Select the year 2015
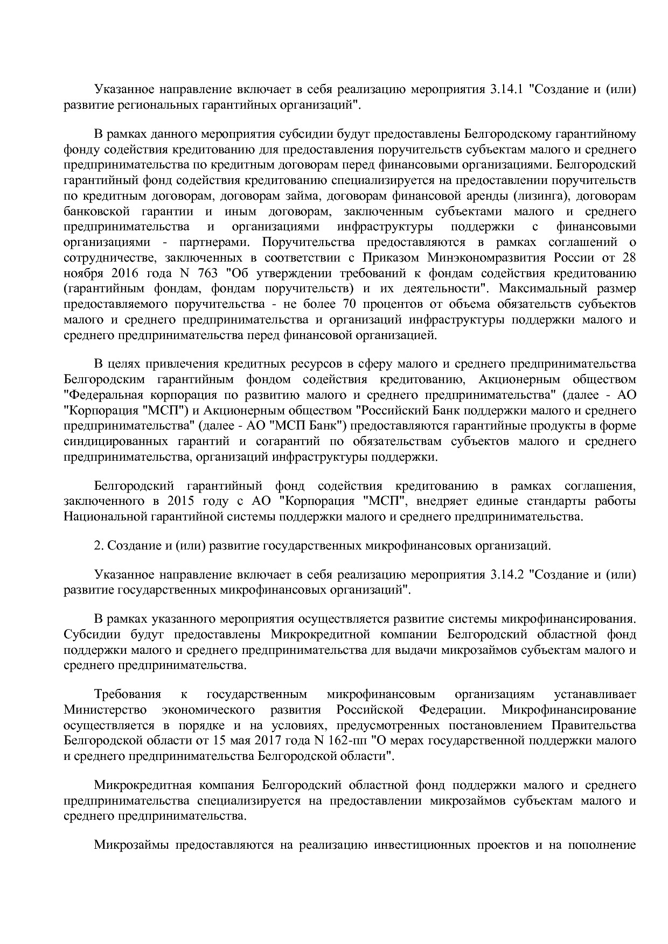(180, 502)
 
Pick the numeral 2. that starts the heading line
(98, 546)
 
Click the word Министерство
(105, 709)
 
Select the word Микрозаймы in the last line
(129, 844)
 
